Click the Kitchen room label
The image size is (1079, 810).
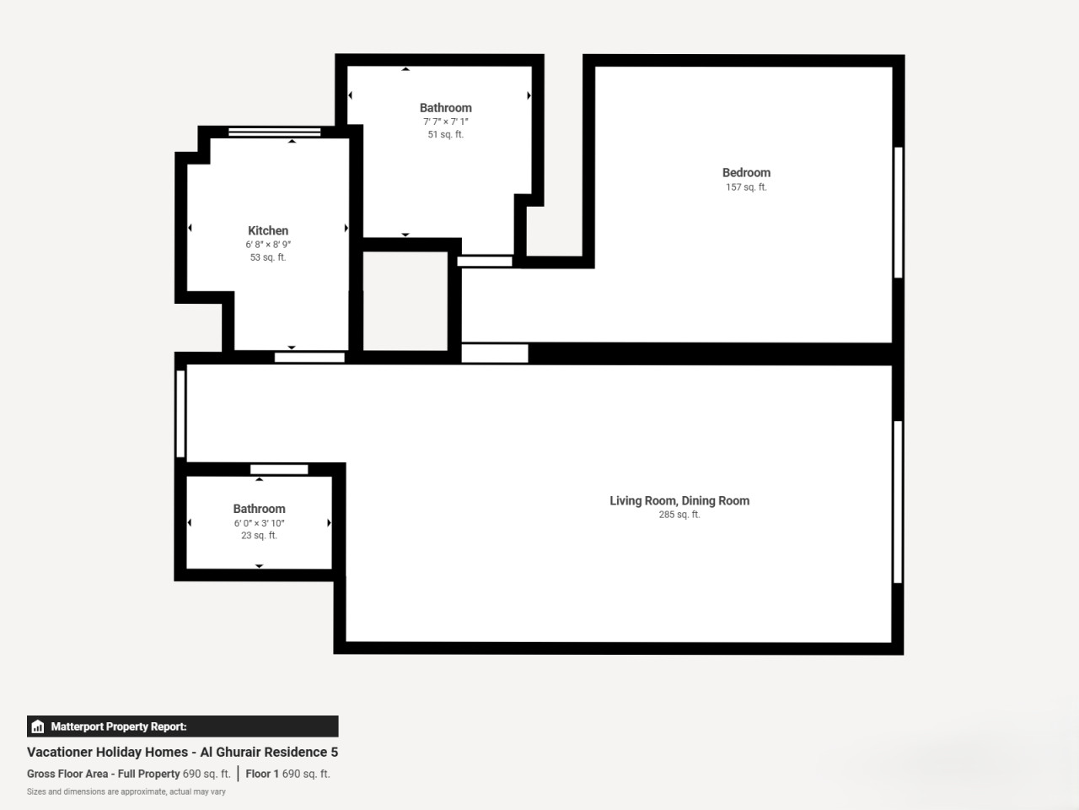(x=268, y=230)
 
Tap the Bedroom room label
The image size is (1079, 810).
(x=746, y=173)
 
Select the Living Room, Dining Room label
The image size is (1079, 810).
(x=679, y=500)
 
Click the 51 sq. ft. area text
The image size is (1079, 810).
(x=445, y=134)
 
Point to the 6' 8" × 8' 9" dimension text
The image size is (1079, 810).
(x=268, y=245)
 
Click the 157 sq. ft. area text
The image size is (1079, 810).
(x=746, y=186)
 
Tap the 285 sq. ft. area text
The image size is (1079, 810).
(x=679, y=515)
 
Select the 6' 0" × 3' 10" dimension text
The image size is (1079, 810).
(x=259, y=523)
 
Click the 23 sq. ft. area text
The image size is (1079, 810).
(x=259, y=535)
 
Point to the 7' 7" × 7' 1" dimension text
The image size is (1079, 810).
(x=445, y=121)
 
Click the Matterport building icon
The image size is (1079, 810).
(x=38, y=726)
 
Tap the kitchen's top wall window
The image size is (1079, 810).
(x=274, y=132)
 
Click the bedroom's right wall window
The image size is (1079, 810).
(x=898, y=213)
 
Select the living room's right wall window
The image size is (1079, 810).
(x=898, y=502)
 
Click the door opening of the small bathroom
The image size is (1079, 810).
(x=279, y=469)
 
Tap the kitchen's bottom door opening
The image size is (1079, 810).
(x=309, y=358)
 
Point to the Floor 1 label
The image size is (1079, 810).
(x=262, y=774)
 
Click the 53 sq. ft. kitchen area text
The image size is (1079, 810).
(x=268, y=257)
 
